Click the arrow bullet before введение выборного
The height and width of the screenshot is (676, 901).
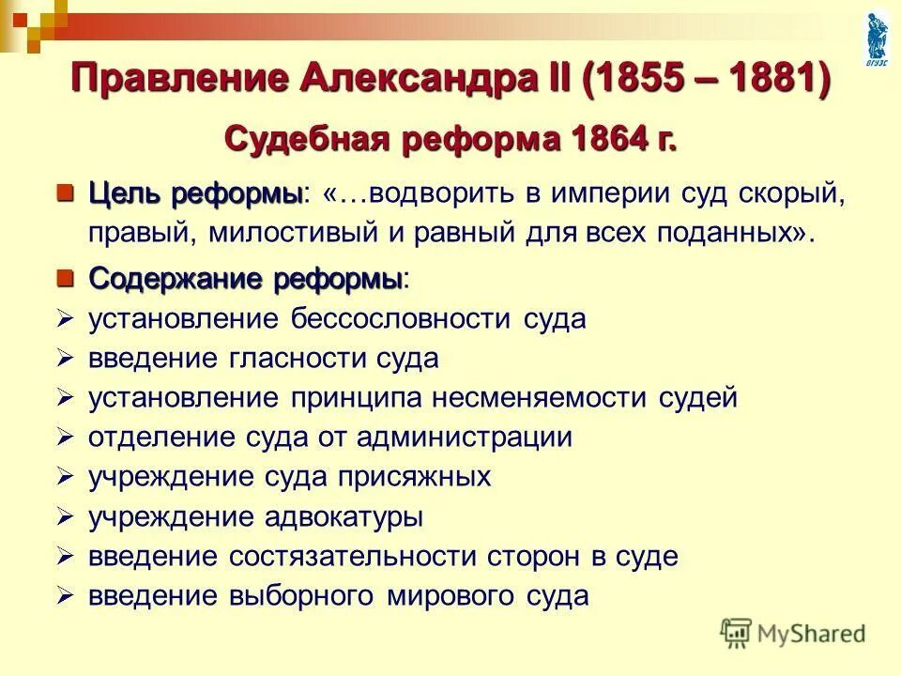(x=65, y=595)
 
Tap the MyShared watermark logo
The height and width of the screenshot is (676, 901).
(x=794, y=633)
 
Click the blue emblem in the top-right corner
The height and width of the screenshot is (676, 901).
(x=878, y=36)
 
